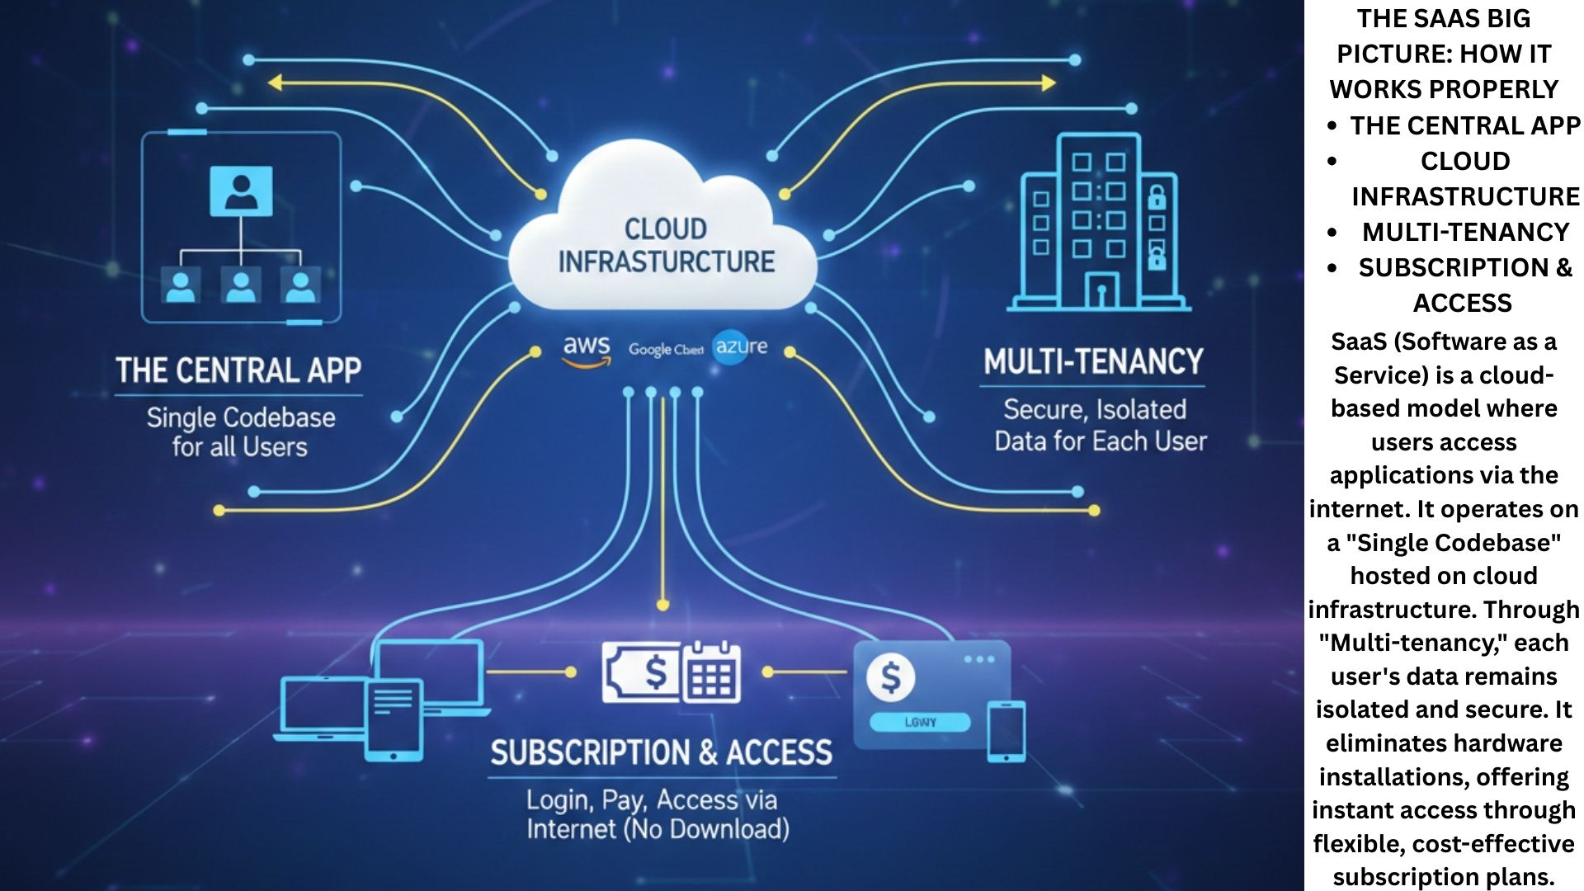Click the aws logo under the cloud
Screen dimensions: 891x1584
click(x=587, y=349)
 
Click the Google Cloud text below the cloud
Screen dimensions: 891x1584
click(x=665, y=350)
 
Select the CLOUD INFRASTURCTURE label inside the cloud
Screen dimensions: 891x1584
click(x=666, y=245)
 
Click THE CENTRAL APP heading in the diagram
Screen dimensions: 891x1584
click(x=238, y=370)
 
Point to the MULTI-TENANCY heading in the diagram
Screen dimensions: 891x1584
click(x=1093, y=362)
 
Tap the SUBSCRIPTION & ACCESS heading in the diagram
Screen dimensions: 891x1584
click(x=661, y=753)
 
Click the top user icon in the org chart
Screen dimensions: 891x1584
click(x=241, y=191)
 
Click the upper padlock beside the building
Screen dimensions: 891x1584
click(x=1157, y=198)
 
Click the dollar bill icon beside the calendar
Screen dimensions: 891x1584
click(x=643, y=673)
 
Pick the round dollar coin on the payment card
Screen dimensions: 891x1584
click(x=890, y=678)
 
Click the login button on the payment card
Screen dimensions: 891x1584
click(x=920, y=722)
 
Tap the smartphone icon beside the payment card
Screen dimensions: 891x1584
click(x=1006, y=731)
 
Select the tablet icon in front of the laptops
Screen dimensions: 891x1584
click(x=394, y=719)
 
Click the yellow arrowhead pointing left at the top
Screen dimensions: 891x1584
click(x=276, y=82)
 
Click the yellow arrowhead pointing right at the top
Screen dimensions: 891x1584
click(x=1049, y=82)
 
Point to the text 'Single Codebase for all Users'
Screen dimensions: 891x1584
click(x=240, y=431)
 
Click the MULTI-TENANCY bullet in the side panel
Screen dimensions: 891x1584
click(x=1464, y=232)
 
